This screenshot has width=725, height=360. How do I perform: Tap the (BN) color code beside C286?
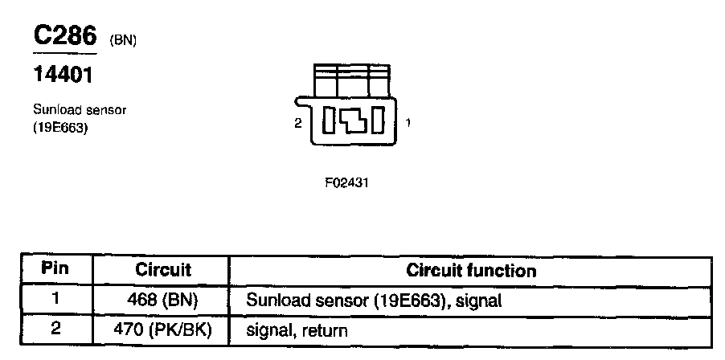click(x=121, y=39)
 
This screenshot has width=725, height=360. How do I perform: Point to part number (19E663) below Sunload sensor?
click(x=59, y=126)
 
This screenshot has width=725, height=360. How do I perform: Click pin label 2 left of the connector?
click(x=297, y=124)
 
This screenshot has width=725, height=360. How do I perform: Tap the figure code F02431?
click(x=346, y=182)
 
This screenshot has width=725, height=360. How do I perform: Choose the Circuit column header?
click(x=162, y=270)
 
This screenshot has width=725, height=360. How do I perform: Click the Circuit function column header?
click(x=471, y=270)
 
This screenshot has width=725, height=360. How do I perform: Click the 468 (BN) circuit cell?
click(x=162, y=301)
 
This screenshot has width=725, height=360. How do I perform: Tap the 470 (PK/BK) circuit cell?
click(x=162, y=329)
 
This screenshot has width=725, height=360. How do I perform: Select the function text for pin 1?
click(x=375, y=301)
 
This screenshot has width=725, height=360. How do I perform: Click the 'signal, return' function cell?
click(x=297, y=329)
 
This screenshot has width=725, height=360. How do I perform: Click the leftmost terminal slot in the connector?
click(x=329, y=121)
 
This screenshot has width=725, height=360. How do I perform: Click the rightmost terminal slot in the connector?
click(x=379, y=121)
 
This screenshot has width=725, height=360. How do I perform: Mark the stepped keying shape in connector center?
click(x=354, y=121)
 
